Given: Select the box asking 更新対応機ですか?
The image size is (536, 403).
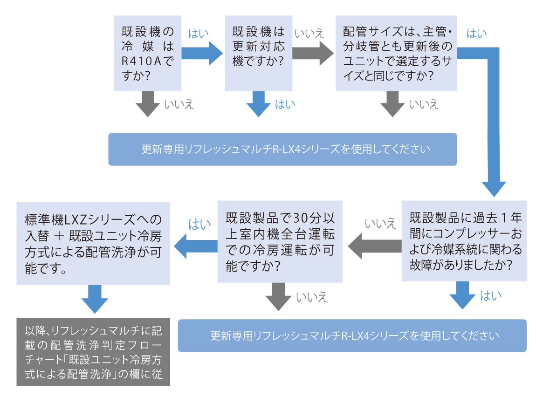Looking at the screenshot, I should tap(259, 53).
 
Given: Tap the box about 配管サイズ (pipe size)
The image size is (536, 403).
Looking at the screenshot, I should tap(396, 53).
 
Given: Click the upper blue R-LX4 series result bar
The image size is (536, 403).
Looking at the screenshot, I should tap(282, 149).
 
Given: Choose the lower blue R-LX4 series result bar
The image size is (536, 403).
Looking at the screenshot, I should tap(352, 335).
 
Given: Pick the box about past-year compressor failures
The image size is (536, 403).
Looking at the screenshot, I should tap(464, 241).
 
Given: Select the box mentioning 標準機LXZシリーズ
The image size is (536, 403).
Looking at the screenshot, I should tap(93, 243).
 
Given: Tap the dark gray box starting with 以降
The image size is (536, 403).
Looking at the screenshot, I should tap(93, 352).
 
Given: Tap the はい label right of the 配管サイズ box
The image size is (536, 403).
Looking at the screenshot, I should tap(476, 34).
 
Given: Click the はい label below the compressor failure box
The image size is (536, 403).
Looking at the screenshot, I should tap(490, 296).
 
